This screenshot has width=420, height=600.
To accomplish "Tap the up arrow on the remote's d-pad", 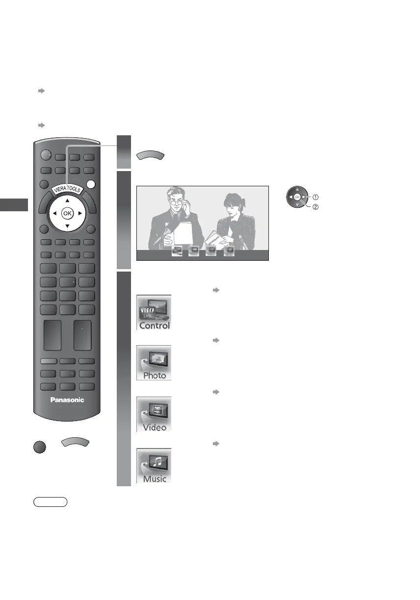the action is pyautogui.click(x=67, y=200).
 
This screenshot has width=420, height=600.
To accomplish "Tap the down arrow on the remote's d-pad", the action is pyautogui.click(x=67, y=226).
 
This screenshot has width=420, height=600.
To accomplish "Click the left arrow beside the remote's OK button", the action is pyautogui.click(x=54, y=213).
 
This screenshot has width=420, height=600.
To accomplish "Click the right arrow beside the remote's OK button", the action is pyautogui.click(x=80, y=213).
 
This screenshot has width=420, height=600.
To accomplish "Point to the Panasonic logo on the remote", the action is pyautogui.click(x=67, y=400).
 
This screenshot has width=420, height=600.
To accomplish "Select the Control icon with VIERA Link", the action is pyautogui.click(x=154, y=312).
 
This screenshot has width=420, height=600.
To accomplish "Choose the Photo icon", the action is pyautogui.click(x=154, y=363).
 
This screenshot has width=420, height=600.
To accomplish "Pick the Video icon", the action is pyautogui.click(x=154, y=414).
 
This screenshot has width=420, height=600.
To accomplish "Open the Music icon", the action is pyautogui.click(x=154, y=465).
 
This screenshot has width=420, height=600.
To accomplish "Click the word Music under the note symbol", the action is pyautogui.click(x=155, y=478).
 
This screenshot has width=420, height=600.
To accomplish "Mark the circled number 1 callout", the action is pyautogui.click(x=315, y=198).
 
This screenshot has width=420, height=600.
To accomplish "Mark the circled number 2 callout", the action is pyautogui.click(x=315, y=207).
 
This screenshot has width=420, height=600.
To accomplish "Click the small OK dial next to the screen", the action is pyautogui.click(x=297, y=197).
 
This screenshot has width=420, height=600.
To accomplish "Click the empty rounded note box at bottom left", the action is pyautogui.click(x=51, y=502).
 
